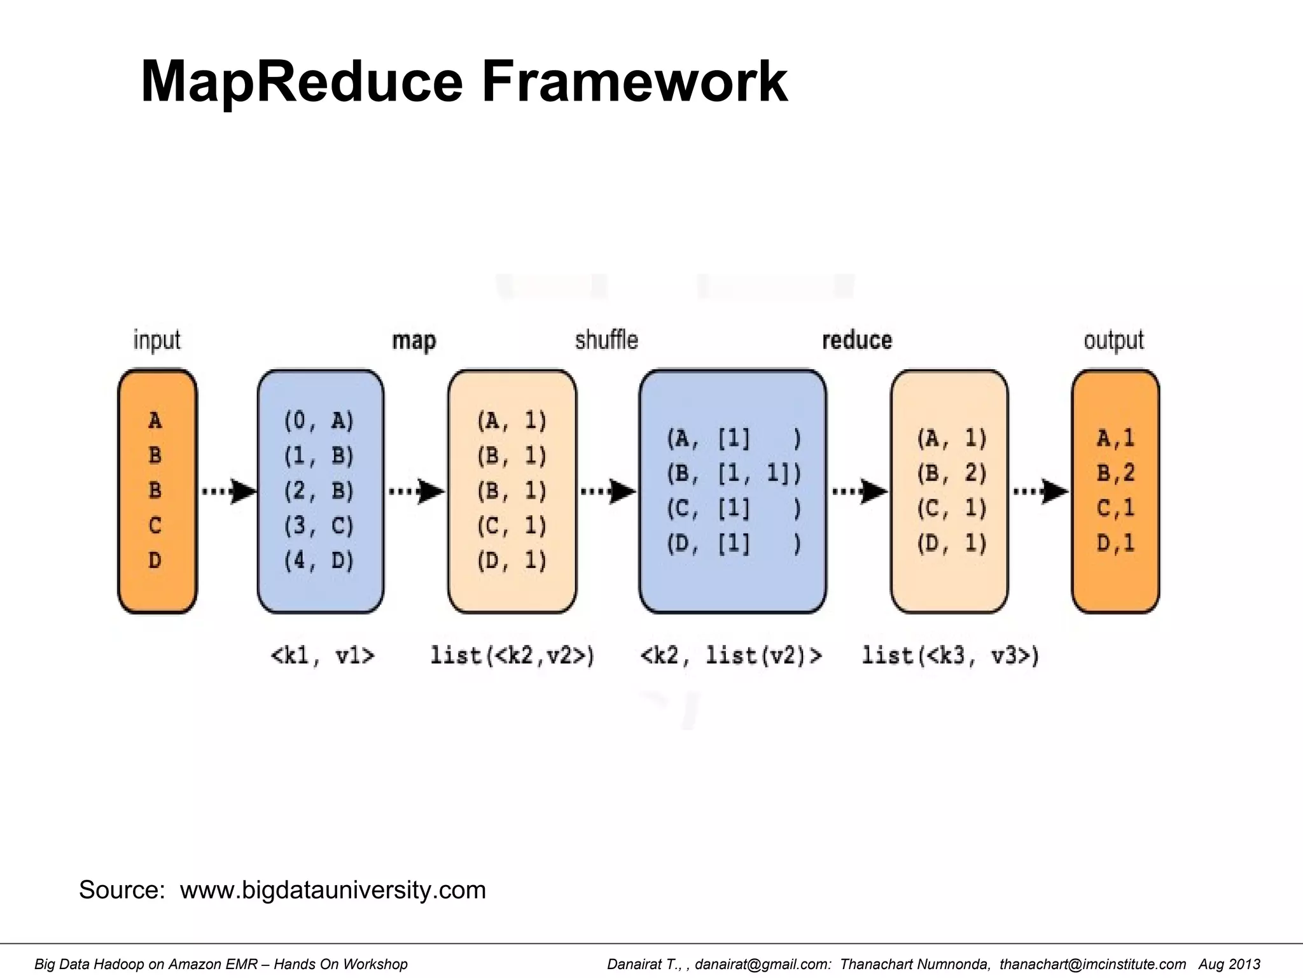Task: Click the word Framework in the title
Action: tap(634, 81)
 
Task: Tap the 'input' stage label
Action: tap(157, 341)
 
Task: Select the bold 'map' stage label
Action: tap(414, 341)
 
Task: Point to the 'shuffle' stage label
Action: tap(606, 340)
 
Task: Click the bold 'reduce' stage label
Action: tap(857, 340)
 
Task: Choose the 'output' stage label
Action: tap(1113, 340)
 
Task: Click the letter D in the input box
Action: tap(155, 560)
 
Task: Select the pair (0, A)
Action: tap(319, 421)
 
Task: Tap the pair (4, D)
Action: tap(319, 560)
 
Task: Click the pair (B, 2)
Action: tap(952, 473)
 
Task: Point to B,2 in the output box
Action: tap(1116, 473)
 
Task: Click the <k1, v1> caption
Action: tap(323, 655)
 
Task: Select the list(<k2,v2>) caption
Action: tap(512, 655)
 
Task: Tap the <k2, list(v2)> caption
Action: tap(731, 655)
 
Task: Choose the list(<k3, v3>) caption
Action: tap(951, 655)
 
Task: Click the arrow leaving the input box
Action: tap(228, 491)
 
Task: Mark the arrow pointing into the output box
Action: tap(1040, 491)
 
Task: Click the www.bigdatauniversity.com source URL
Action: tap(333, 889)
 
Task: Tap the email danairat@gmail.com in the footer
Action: tap(762, 964)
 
